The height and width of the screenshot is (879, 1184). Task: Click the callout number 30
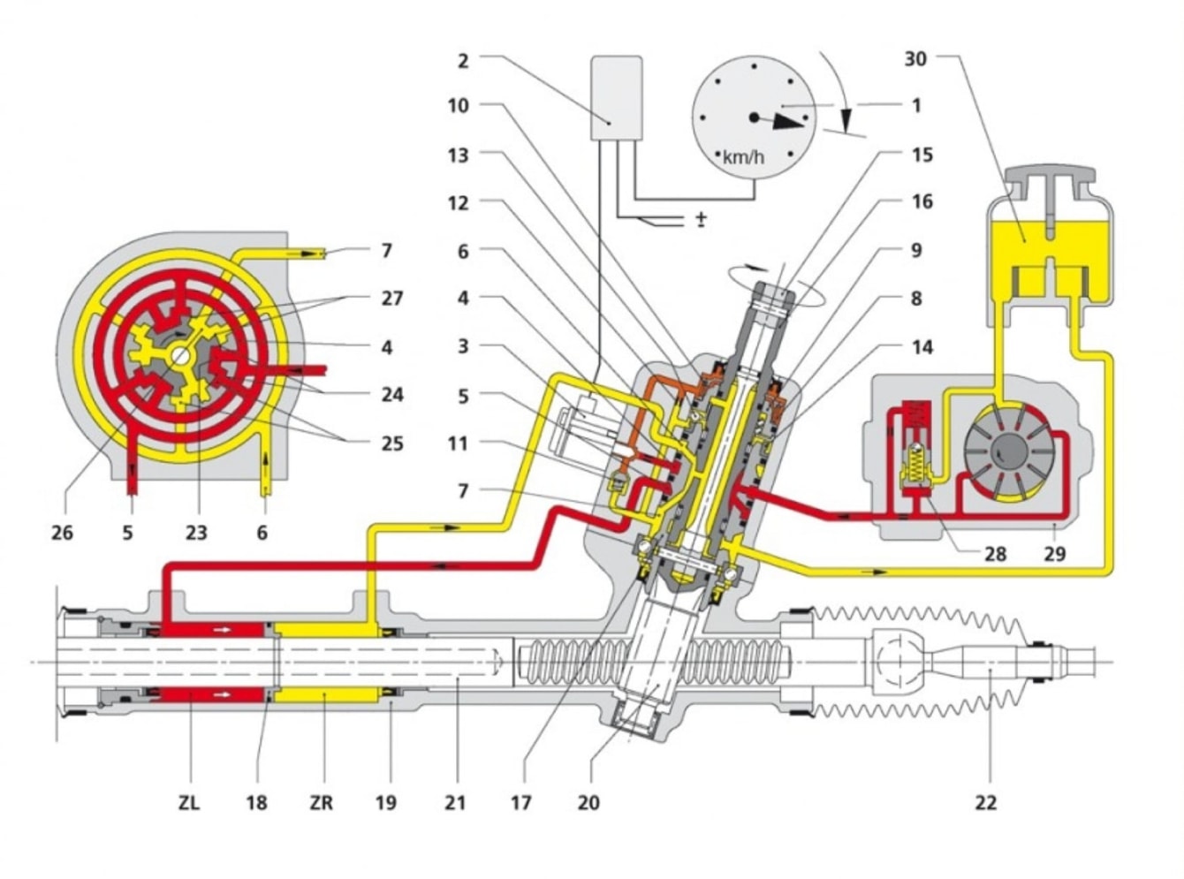coord(916,59)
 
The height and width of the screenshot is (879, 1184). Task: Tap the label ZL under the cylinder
coord(189,802)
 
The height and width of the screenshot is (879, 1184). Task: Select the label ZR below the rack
coord(322,802)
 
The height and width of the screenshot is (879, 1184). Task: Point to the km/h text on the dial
coord(743,158)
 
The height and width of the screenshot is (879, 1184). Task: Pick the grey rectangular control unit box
coord(616,97)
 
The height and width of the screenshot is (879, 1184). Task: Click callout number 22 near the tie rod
coord(985,802)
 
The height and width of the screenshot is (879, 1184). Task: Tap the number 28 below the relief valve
coord(996,554)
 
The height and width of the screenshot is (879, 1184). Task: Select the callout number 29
coord(1054,554)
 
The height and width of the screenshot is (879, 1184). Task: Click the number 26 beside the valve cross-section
coord(62,533)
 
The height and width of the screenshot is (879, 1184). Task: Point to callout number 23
coord(195,533)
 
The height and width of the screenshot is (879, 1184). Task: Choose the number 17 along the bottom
coord(521,802)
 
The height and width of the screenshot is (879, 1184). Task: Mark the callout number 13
coord(458,155)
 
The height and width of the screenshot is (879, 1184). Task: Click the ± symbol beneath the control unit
coord(701,219)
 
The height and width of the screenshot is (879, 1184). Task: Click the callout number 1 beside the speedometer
coord(916,105)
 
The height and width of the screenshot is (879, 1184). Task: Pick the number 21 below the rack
coord(455,802)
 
